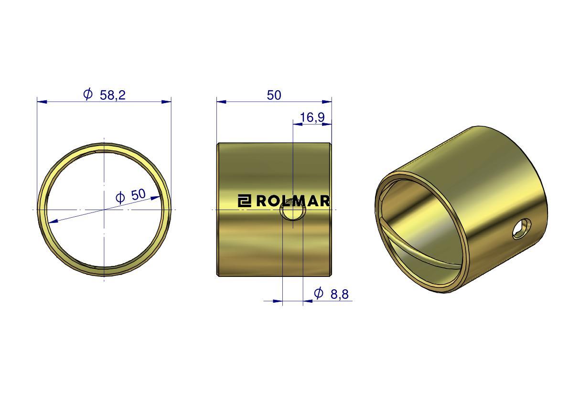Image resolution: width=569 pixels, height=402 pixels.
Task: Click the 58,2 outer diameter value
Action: coord(112,95)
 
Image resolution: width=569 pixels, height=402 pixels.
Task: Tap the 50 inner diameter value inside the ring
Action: coord(138,195)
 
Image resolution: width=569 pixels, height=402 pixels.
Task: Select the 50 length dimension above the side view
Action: coord(274,95)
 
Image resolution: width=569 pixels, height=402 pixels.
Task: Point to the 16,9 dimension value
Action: coord(312,117)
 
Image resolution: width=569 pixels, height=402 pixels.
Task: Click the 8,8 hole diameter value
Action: coord(339,294)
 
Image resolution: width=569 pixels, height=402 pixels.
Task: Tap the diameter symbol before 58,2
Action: coord(88,94)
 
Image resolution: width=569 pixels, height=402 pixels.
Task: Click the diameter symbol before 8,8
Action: coord(318,293)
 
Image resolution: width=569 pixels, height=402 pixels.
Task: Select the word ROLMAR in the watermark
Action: coord(293,201)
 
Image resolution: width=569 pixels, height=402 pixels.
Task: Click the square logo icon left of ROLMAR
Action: coord(245,201)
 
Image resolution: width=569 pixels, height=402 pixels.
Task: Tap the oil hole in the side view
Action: coord(292,210)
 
